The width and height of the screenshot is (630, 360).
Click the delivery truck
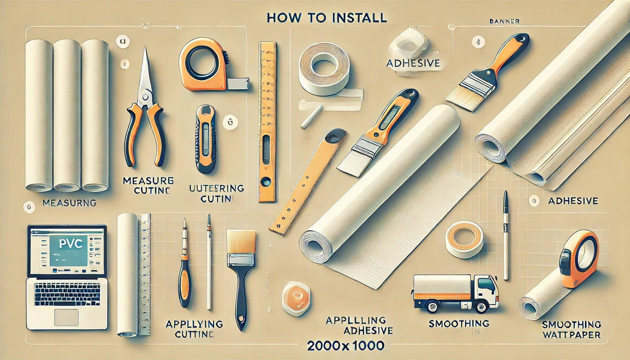coord(456,292)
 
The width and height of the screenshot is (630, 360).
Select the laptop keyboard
coord(67,295)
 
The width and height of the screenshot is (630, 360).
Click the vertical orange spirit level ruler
coord(267,120)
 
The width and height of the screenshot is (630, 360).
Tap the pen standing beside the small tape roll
coord(506,235)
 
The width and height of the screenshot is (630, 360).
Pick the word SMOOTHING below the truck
coord(459,323)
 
